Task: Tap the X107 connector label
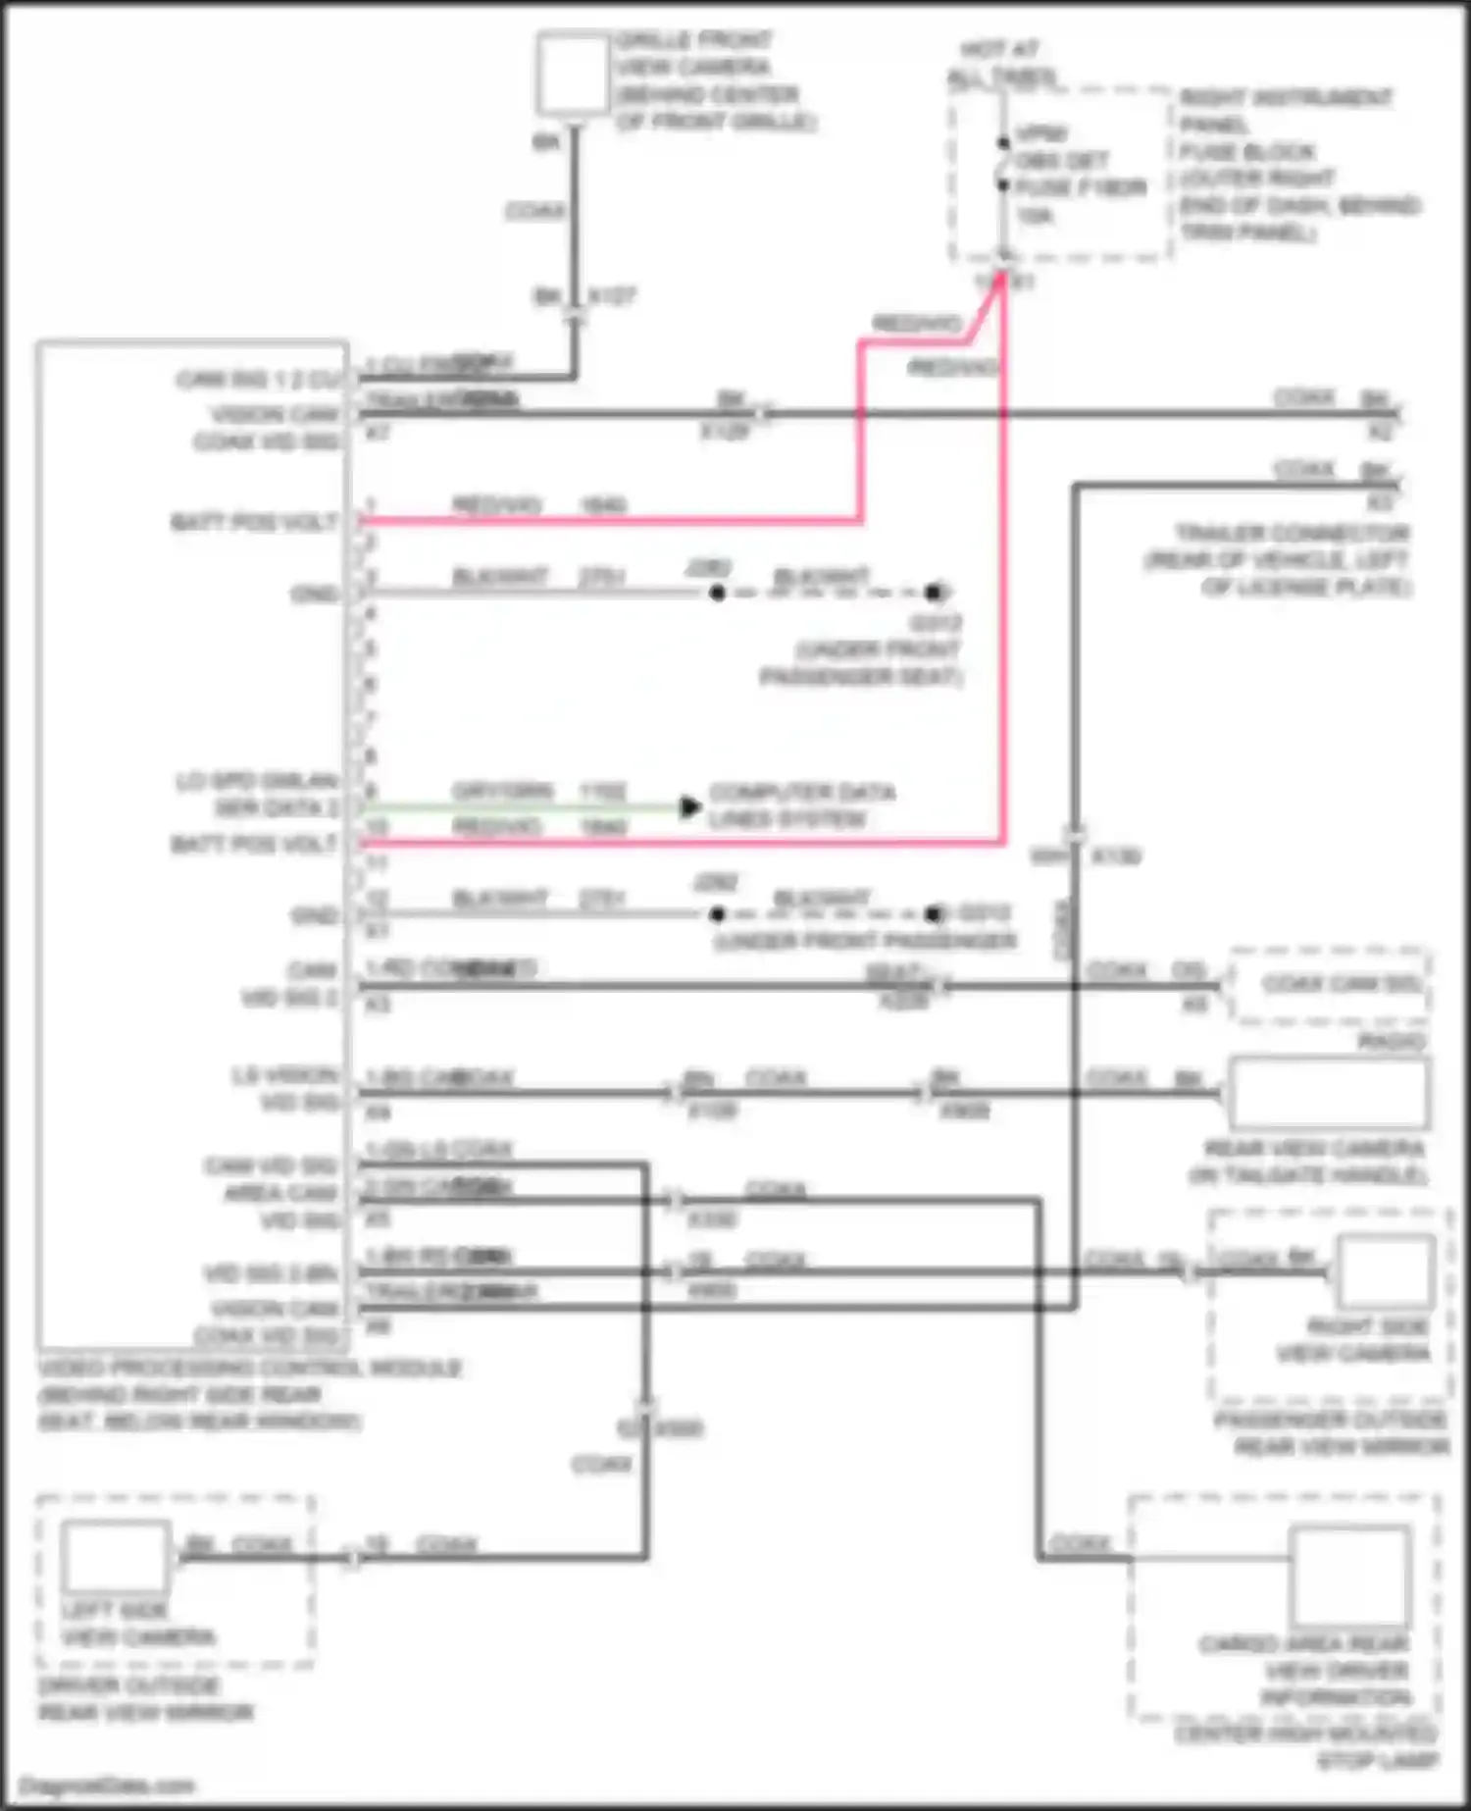(612, 295)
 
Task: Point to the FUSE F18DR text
(1081, 187)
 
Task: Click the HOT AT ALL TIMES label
(1001, 63)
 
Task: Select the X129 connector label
(725, 432)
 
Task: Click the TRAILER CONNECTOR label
(1293, 533)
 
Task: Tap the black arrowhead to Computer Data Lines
(690, 806)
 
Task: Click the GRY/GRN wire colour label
(502, 791)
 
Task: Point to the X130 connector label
(1116, 856)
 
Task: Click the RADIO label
(1392, 1042)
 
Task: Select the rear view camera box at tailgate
(1328, 1092)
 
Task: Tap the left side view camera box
(116, 1557)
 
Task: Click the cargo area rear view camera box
(1350, 1577)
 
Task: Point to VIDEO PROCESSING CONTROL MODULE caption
(249, 1368)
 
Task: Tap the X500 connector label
(679, 1428)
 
